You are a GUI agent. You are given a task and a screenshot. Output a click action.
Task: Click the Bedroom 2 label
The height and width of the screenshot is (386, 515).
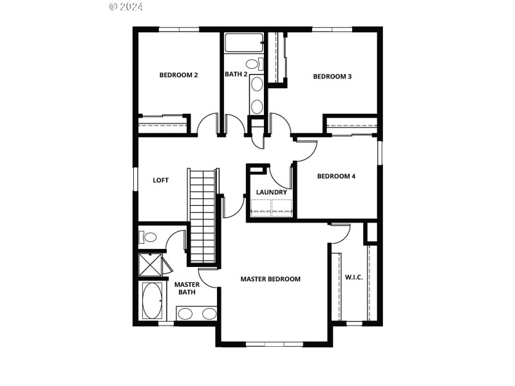178,75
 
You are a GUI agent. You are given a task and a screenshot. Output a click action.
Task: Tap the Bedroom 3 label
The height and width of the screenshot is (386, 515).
332,77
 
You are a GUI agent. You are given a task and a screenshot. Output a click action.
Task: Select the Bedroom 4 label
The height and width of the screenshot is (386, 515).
336,176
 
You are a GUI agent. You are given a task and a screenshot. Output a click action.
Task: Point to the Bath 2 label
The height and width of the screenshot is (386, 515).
236,74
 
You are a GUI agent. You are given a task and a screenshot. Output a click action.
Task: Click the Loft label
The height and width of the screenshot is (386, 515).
160,180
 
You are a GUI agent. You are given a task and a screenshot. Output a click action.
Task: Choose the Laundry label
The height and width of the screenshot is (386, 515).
271,192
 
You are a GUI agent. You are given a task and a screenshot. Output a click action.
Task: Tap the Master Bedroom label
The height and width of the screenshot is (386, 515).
270,279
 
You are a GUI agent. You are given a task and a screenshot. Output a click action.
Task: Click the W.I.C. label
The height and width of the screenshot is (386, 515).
353,277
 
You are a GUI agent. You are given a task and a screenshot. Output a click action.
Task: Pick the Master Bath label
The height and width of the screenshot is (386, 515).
186,288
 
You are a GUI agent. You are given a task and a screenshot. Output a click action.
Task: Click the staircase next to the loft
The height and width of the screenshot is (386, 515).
202,216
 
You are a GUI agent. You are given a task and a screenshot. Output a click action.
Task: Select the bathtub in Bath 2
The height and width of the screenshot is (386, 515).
243,42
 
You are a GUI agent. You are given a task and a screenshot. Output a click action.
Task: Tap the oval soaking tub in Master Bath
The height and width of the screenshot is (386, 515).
152,301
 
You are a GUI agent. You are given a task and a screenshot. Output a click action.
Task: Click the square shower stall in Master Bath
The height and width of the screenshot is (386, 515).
150,264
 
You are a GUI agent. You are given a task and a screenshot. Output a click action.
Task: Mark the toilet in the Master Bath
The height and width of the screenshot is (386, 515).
148,237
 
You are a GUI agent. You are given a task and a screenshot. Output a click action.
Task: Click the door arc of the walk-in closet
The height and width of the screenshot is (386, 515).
340,233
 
